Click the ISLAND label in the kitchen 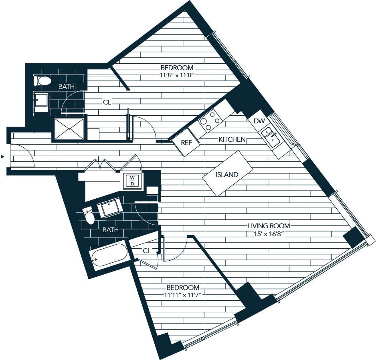point(227,175)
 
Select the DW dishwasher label point(259,121)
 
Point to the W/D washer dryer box point(131,181)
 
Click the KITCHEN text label point(232,139)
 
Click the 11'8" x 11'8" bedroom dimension point(177,75)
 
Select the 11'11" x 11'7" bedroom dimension point(182,295)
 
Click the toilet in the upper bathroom point(42,81)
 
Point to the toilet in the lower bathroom point(89,216)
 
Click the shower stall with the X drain point(69,129)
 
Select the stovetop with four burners point(210,119)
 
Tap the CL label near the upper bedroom point(107,102)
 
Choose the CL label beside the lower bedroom point(147,251)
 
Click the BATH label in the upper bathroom point(66,86)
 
